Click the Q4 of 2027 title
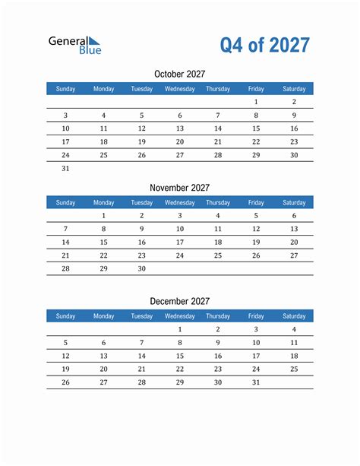[x=265, y=46]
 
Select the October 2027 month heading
[x=179, y=74]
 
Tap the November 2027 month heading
[x=179, y=188]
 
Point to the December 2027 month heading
[x=179, y=302]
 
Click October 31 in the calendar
[x=65, y=168]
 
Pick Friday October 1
[x=256, y=102]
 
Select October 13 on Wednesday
[x=180, y=128]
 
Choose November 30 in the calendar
[x=141, y=268]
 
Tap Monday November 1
[x=103, y=216]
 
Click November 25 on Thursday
[x=218, y=255]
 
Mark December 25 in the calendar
[x=294, y=369]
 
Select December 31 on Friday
[x=256, y=382]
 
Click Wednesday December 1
[x=180, y=330]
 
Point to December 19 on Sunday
[x=65, y=369]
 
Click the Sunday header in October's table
[x=65, y=89]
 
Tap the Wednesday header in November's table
[x=180, y=203]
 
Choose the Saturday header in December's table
[x=294, y=316]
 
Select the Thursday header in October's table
[x=218, y=89]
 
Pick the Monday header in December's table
[x=103, y=316]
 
